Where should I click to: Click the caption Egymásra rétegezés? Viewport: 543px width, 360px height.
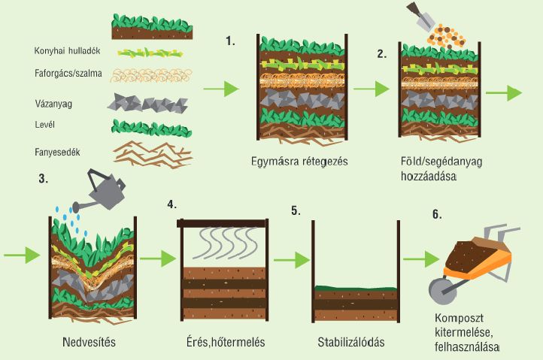point(299,162)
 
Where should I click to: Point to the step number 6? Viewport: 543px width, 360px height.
point(435,213)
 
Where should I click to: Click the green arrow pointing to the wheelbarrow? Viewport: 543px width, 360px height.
point(420,259)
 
